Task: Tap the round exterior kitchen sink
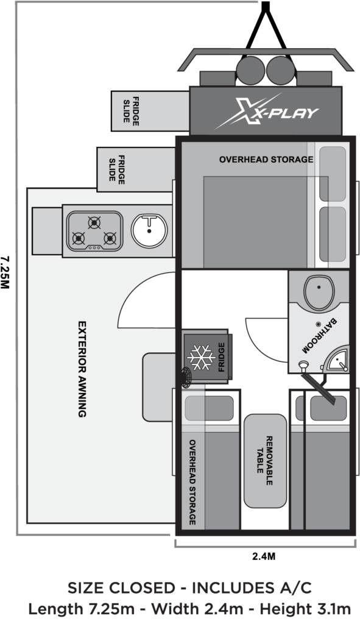149,230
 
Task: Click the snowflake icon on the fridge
201,357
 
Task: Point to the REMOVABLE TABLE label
264,461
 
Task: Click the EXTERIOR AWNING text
82,369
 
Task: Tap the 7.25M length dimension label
5,272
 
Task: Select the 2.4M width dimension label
264,556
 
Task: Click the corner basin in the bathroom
337,360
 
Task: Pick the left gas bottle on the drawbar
250,71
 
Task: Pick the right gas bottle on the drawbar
280,71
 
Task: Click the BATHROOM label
319,336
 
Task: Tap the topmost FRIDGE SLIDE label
131,112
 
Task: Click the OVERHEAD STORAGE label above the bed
266,160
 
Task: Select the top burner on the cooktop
94,223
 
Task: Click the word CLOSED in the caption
142,588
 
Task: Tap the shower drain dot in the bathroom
318,324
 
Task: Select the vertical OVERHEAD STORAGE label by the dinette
192,482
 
